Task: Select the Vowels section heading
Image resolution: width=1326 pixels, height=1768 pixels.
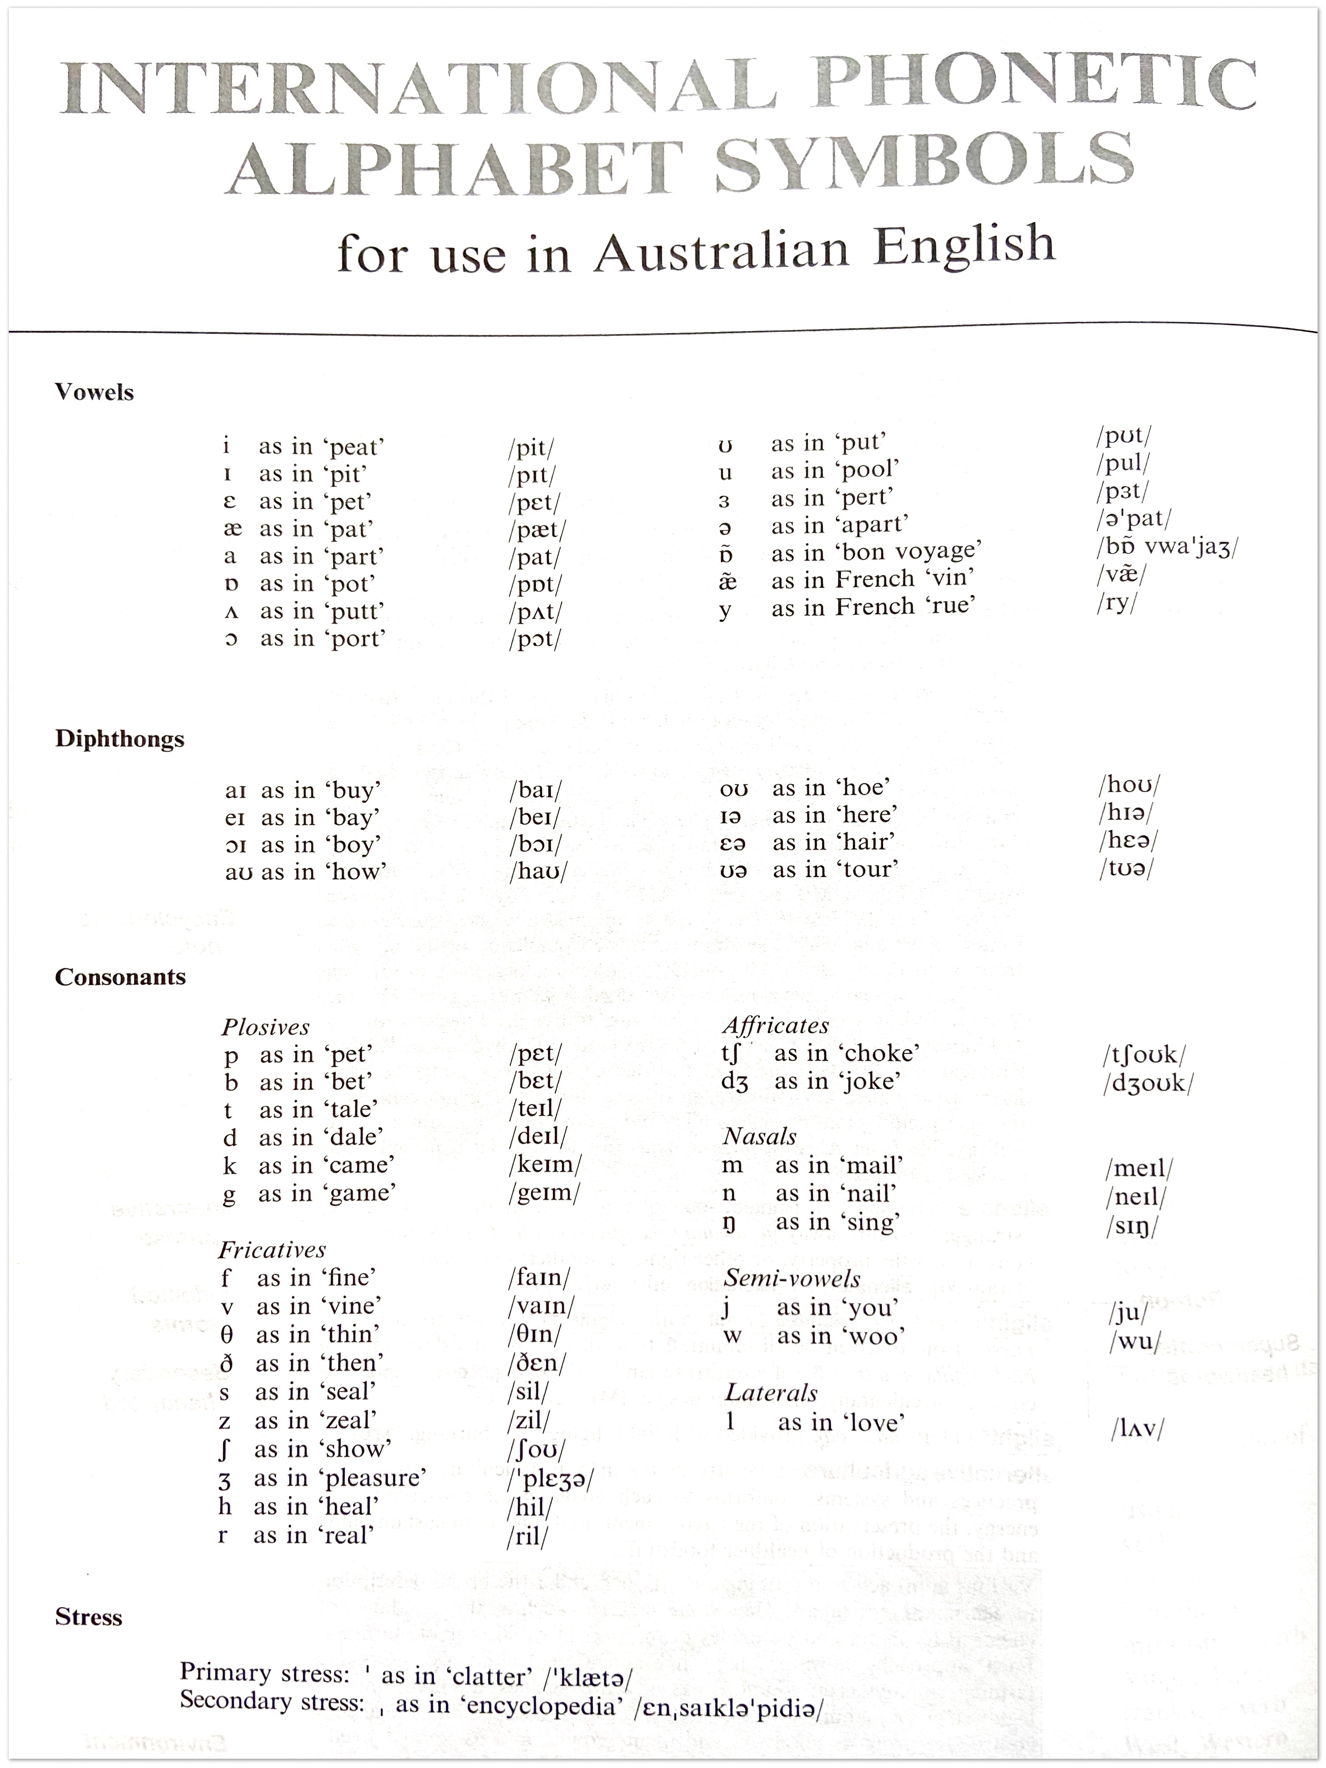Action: pyautogui.click(x=94, y=392)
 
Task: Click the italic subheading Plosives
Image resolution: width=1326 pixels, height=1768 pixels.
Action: pyautogui.click(x=265, y=1027)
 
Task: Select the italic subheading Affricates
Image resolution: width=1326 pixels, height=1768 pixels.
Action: pyautogui.click(x=775, y=1025)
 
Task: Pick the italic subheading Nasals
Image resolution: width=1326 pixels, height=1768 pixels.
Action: pyautogui.click(x=759, y=1136)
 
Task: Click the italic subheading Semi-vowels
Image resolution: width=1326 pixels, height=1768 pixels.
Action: pyautogui.click(x=791, y=1278)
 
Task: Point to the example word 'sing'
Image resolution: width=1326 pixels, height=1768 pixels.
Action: pyautogui.click(x=869, y=1222)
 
